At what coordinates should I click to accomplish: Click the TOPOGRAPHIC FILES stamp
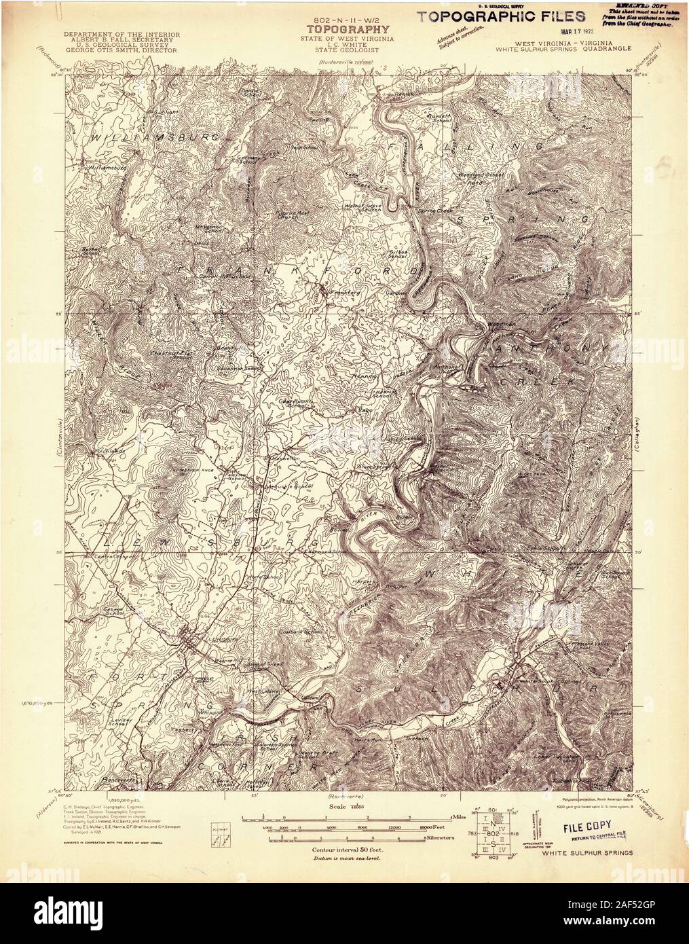click(x=501, y=16)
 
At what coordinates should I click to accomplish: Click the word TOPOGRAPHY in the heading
click(x=349, y=29)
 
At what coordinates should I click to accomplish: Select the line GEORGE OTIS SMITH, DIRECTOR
click(x=122, y=51)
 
